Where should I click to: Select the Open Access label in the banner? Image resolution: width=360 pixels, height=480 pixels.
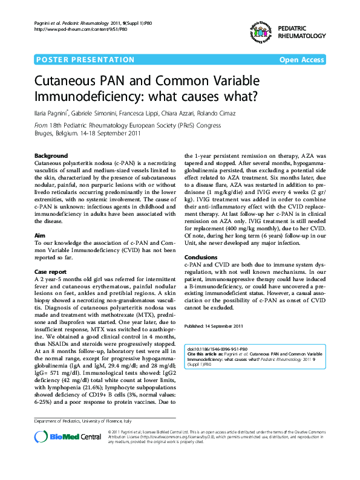pos(301,60)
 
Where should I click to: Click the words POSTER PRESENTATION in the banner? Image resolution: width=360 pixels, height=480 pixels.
pos(85,60)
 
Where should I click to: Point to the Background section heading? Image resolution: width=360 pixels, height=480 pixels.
pos(51,155)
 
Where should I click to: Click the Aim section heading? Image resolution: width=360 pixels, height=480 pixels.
pos(39,217)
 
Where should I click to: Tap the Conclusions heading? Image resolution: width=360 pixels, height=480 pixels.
pos(201,258)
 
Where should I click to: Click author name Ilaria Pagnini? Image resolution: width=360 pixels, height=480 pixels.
pos(53,113)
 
